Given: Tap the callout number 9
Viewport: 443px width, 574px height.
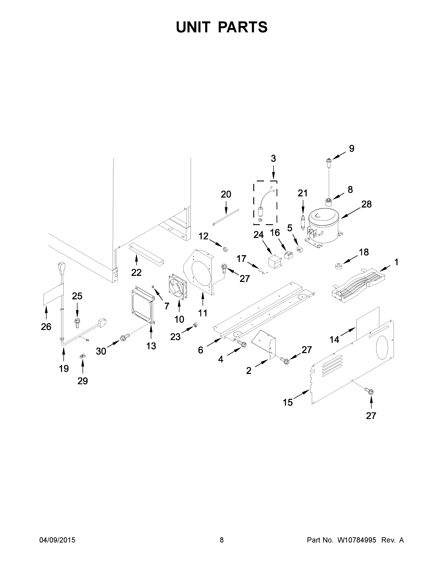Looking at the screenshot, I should pos(351,149).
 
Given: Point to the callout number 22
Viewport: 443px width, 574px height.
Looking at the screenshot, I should pos(136,273).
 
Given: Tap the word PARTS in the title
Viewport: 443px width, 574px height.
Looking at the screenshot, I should pos(243,27).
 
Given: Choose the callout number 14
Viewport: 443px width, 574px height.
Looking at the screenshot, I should pos(334,340).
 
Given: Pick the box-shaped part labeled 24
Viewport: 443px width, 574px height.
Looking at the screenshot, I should pos(274,262).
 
